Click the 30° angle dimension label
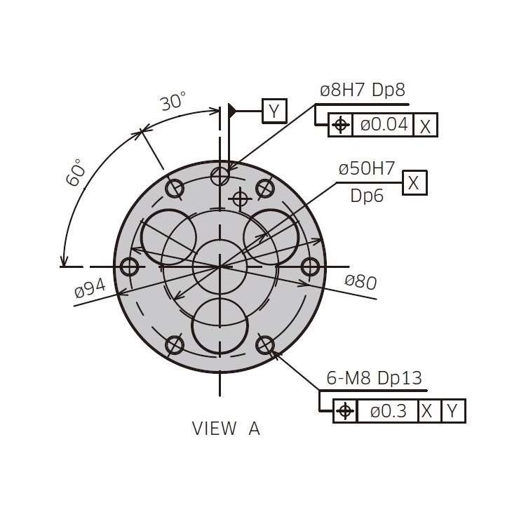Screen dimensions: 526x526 (173, 101)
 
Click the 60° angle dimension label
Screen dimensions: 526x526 (75, 173)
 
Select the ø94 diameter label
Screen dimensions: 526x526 (90, 288)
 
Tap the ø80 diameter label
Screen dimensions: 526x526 (360, 281)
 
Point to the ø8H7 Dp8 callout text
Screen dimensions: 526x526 (363, 90)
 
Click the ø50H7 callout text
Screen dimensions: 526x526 (367, 168)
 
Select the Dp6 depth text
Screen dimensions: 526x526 (367, 196)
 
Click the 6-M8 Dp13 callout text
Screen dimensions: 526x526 (374, 378)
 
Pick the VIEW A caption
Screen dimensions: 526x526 (226, 429)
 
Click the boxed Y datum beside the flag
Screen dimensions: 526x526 (274, 111)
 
